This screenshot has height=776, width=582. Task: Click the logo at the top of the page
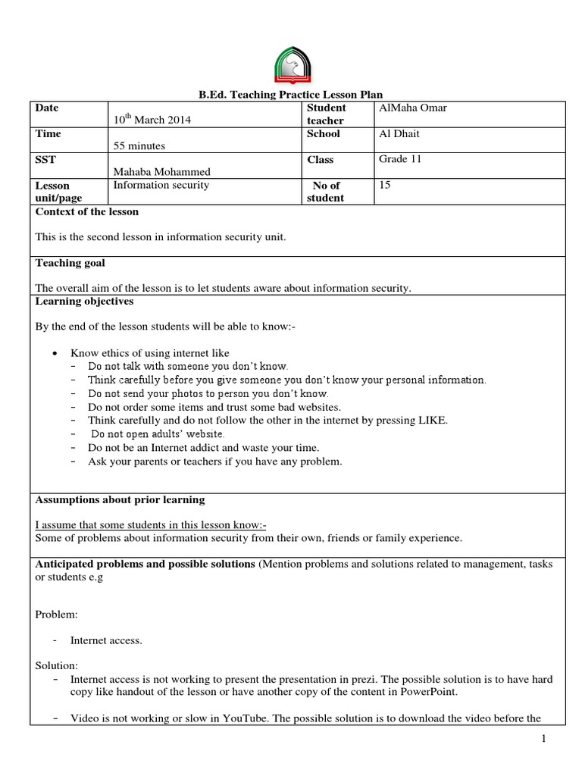(x=290, y=66)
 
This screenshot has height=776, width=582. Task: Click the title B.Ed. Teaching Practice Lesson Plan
(x=290, y=95)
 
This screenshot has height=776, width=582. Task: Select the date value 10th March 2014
(x=152, y=120)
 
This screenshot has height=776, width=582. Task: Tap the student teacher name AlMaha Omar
(x=413, y=108)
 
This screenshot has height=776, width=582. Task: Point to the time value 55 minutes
(x=139, y=145)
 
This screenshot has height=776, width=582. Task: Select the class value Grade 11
(x=400, y=159)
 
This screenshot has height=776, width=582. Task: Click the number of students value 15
(x=385, y=185)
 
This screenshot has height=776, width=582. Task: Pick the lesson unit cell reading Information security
(x=161, y=185)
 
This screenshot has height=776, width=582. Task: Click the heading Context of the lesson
(x=87, y=211)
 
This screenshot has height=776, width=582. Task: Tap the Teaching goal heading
(x=70, y=263)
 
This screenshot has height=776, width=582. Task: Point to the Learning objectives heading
(x=84, y=301)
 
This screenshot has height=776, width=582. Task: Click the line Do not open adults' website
(x=157, y=434)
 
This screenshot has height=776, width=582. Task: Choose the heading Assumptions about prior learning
(x=120, y=500)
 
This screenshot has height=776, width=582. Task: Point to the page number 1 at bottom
(x=544, y=740)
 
